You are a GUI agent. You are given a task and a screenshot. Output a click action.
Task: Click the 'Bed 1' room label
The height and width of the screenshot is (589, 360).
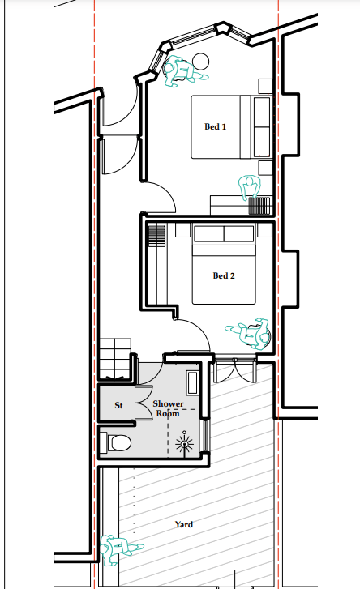(216, 126)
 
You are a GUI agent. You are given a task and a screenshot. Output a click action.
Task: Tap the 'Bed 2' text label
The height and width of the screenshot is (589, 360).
(224, 275)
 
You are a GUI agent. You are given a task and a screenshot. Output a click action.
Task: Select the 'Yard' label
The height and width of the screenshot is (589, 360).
(184, 524)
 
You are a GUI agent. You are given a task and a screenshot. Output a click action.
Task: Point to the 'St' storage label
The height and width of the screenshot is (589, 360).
(118, 405)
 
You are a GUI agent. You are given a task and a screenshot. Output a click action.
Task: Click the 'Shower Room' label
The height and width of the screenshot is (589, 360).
(168, 408)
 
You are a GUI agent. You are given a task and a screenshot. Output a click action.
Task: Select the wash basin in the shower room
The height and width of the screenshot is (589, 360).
(193, 382)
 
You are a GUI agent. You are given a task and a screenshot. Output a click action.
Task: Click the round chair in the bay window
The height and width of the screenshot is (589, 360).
(200, 62)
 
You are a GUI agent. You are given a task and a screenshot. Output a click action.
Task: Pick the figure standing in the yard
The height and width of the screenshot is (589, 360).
(119, 549)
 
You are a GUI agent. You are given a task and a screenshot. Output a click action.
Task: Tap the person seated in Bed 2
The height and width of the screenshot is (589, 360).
(250, 333)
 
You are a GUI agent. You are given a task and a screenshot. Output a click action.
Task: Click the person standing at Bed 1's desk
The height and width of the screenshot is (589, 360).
(250, 187)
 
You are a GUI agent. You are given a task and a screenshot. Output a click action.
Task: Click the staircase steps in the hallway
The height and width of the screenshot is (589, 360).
(115, 359)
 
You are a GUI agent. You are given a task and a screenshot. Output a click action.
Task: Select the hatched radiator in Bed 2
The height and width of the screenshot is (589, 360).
(156, 236)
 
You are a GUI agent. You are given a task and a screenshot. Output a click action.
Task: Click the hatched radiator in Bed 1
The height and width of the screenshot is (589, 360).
(259, 206)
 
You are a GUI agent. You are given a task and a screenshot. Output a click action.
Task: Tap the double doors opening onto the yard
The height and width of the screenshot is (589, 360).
(234, 370)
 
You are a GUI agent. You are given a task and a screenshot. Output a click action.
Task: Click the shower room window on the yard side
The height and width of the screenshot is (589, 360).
(206, 435)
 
